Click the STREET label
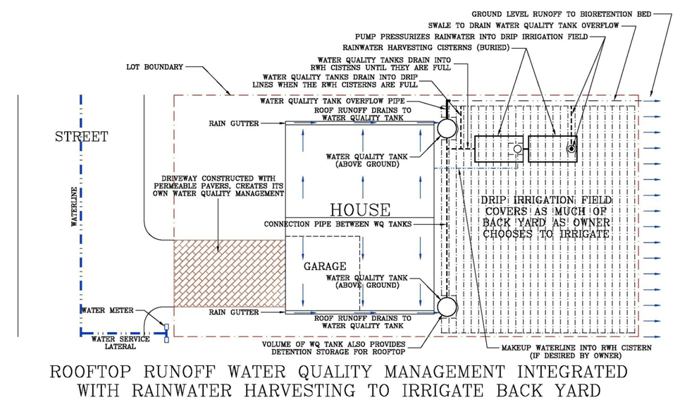point(81,136)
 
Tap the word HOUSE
point(360,209)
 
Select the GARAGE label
point(325,267)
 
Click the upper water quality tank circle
point(446,128)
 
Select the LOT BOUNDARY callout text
point(154,67)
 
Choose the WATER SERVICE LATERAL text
point(120,343)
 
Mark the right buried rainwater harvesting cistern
point(552,150)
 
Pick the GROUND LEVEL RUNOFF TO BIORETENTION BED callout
point(561,13)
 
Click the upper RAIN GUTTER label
point(233,123)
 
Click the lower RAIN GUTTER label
point(233,312)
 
